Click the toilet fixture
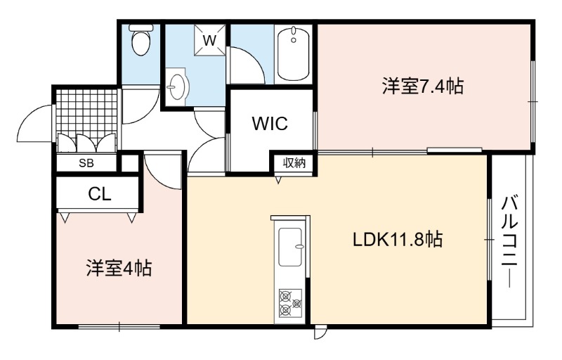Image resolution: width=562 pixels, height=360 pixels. click(x=141, y=40)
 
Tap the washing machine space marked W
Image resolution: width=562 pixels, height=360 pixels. click(x=210, y=40)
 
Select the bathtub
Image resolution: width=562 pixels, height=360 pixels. click(x=294, y=54)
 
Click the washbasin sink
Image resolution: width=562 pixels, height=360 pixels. click(x=177, y=86)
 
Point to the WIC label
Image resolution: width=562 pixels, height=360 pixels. click(x=270, y=124)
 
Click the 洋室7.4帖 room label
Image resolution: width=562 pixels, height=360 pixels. click(x=423, y=86)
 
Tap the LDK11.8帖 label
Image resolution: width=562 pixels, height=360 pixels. click(x=398, y=239)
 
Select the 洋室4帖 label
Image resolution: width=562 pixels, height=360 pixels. click(x=119, y=268)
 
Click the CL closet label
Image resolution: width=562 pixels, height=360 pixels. click(x=100, y=194)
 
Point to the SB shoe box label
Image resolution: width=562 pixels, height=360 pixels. click(x=86, y=163)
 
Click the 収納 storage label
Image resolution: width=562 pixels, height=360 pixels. click(x=294, y=163)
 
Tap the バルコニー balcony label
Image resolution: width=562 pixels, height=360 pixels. click(x=509, y=242)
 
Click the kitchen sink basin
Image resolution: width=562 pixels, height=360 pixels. click(x=290, y=247)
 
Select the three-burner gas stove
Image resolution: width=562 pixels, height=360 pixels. click(x=290, y=303)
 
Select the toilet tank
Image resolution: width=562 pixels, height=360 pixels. click(x=141, y=27)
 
